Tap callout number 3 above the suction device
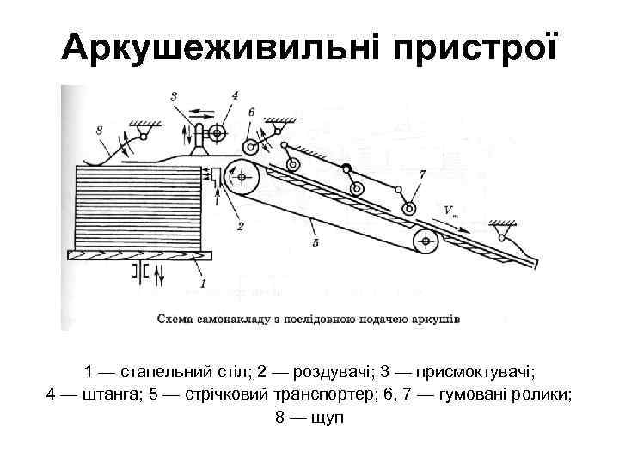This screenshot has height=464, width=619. point(175,96)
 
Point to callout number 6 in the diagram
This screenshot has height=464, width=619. point(250,112)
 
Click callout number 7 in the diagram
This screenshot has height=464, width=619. point(421,174)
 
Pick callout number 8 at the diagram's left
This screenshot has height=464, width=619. point(100,130)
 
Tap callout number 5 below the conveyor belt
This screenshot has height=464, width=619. point(315,243)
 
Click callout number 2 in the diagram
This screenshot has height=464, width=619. point(240,225)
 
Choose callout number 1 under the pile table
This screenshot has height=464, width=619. point(203,282)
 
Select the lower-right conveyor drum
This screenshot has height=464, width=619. point(425,241)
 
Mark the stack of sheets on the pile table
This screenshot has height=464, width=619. point(138,205)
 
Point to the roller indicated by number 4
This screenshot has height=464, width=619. point(215,132)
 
